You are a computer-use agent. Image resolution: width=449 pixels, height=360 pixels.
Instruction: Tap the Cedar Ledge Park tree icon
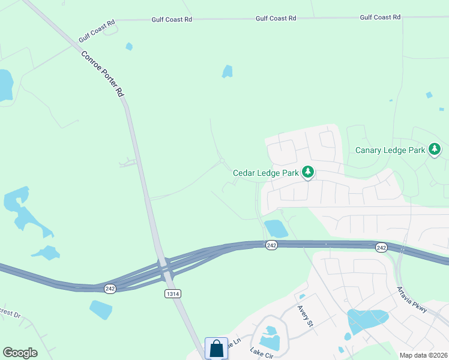308,173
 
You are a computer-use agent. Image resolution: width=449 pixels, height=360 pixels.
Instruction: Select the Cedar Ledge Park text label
266,173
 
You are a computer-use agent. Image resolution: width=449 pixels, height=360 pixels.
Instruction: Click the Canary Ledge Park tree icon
435,150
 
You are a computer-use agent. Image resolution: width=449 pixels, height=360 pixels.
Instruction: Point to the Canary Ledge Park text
390,151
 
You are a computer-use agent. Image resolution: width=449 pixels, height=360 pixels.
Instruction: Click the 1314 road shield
172,293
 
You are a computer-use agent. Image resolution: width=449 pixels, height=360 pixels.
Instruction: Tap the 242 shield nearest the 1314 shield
110,289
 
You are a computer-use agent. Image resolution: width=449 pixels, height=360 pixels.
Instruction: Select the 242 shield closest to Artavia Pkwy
381,247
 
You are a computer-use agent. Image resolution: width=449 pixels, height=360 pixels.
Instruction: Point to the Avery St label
306,315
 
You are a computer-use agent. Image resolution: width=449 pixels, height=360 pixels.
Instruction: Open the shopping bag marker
216,349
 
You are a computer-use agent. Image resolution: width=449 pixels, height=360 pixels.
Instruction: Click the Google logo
20,353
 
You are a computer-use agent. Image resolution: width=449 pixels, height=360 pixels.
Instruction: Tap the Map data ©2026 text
423,355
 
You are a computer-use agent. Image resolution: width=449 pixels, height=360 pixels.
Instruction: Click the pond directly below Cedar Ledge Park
276,228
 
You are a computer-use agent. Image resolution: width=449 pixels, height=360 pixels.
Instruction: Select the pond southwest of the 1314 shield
100,309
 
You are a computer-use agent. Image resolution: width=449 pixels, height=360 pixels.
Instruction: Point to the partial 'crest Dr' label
10,314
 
